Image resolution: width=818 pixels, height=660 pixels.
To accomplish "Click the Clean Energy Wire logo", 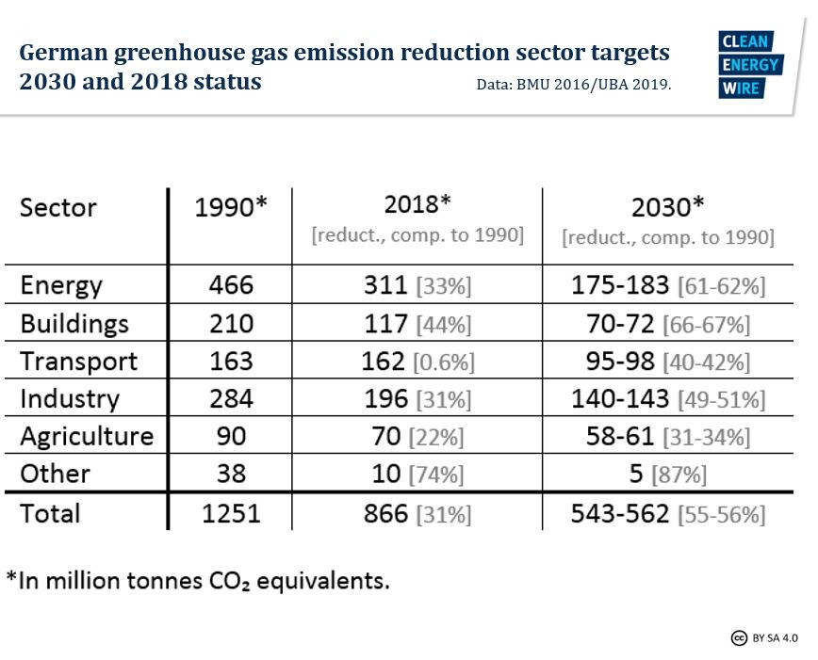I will pyautogui.click(x=749, y=65).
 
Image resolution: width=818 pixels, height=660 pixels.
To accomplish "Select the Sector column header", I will pyautogui.click(x=58, y=207).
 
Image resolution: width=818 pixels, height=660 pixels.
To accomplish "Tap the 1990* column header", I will pyautogui.click(x=231, y=207).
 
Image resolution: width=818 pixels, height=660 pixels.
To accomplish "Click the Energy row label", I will pyautogui.click(x=61, y=285).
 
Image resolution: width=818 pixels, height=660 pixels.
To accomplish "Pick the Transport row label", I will pyautogui.click(x=79, y=362).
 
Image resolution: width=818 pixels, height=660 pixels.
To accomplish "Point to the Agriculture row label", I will pyautogui.click(x=87, y=437).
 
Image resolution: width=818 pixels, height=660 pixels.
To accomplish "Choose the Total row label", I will pyautogui.click(x=51, y=513).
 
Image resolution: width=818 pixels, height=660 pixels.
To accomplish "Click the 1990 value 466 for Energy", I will pyautogui.click(x=231, y=285).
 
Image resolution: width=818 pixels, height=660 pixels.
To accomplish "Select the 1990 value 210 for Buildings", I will pyautogui.click(x=231, y=324).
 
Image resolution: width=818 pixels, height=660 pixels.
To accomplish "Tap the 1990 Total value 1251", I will pyautogui.click(x=231, y=513).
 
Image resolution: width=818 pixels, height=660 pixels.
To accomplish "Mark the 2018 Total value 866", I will pyautogui.click(x=385, y=514).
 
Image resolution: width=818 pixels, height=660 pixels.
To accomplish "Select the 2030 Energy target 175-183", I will pyautogui.click(x=619, y=285).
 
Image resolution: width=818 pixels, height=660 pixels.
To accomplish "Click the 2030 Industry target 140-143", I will pyautogui.click(x=620, y=399).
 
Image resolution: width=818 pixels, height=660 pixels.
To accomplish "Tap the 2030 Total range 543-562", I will pyautogui.click(x=619, y=514).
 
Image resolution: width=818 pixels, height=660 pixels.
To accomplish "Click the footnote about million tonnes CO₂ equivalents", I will pyautogui.click(x=198, y=580).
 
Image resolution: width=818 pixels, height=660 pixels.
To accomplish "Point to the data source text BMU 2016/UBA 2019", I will pyautogui.click(x=574, y=84).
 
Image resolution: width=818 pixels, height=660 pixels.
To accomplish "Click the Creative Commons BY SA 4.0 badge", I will pyautogui.click(x=763, y=638).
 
